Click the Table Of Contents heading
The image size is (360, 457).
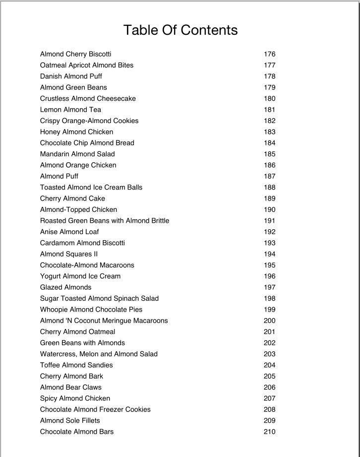tap(180, 30)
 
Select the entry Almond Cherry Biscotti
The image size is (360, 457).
tap(75, 54)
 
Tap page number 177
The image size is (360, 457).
tap(269, 65)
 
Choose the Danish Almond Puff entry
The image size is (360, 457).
tap(71, 76)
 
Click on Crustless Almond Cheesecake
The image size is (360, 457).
tap(88, 98)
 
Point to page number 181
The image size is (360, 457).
tap(269, 110)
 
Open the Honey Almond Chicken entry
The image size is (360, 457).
tap(76, 132)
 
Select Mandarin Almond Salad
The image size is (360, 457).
tap(77, 154)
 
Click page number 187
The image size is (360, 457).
tap(269, 176)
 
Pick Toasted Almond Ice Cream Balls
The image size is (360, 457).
tap(91, 188)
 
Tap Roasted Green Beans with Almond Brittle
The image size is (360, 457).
tap(105, 221)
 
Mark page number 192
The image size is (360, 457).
tap(269, 232)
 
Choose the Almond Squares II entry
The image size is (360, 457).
tap(69, 254)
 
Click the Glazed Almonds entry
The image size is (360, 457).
tap(65, 287)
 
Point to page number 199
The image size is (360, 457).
tap(269, 310)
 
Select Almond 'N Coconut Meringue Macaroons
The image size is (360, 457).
tap(104, 321)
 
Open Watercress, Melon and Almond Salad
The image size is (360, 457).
tap(99, 354)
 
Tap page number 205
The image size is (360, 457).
tap(269, 376)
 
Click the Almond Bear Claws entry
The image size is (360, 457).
tap(70, 387)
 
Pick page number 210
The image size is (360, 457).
tap(269, 432)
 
